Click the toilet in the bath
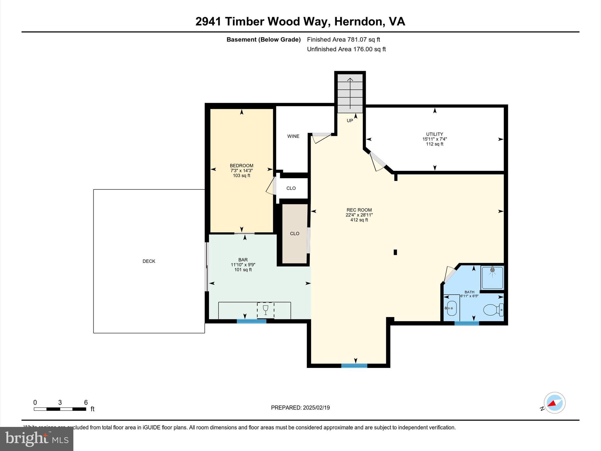pyautogui.click(x=493, y=310)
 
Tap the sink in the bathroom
pyautogui.click(x=451, y=308)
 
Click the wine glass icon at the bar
pyautogui.click(x=266, y=310)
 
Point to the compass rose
pyautogui.click(x=554, y=403)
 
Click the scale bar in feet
pyautogui.click(x=60, y=409)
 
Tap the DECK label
pyautogui.click(x=149, y=261)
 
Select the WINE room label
pyautogui.click(x=293, y=136)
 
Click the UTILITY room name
pyautogui.click(x=435, y=134)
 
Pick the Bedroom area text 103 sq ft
pyautogui.click(x=242, y=176)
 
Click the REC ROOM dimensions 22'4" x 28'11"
pyautogui.click(x=359, y=215)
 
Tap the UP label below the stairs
pyautogui.click(x=350, y=121)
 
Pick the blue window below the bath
pyautogui.click(x=467, y=323)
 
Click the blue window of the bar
pyautogui.click(x=251, y=321)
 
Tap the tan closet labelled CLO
pyautogui.click(x=295, y=234)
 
